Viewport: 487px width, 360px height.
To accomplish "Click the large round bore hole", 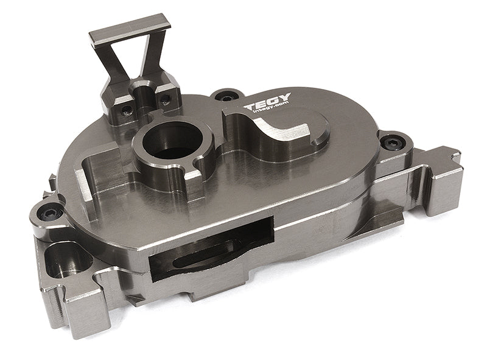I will tap(173, 138).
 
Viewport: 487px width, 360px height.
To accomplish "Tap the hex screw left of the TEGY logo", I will tap(227, 96).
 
